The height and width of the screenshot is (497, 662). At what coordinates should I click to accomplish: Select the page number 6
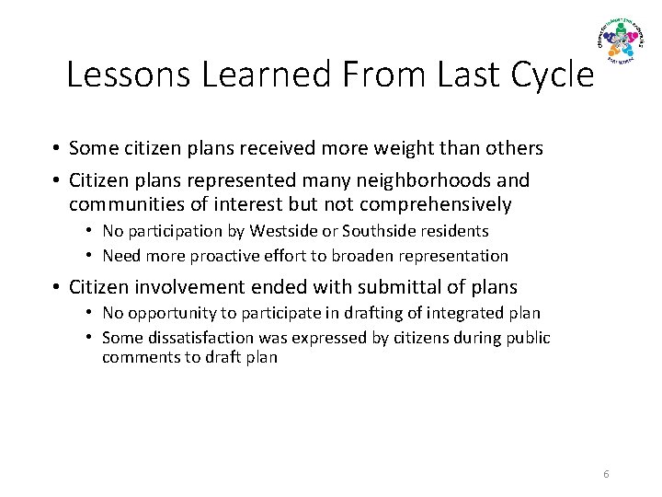tap(606, 474)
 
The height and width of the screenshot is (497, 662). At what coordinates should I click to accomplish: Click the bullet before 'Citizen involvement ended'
tap(56, 288)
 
